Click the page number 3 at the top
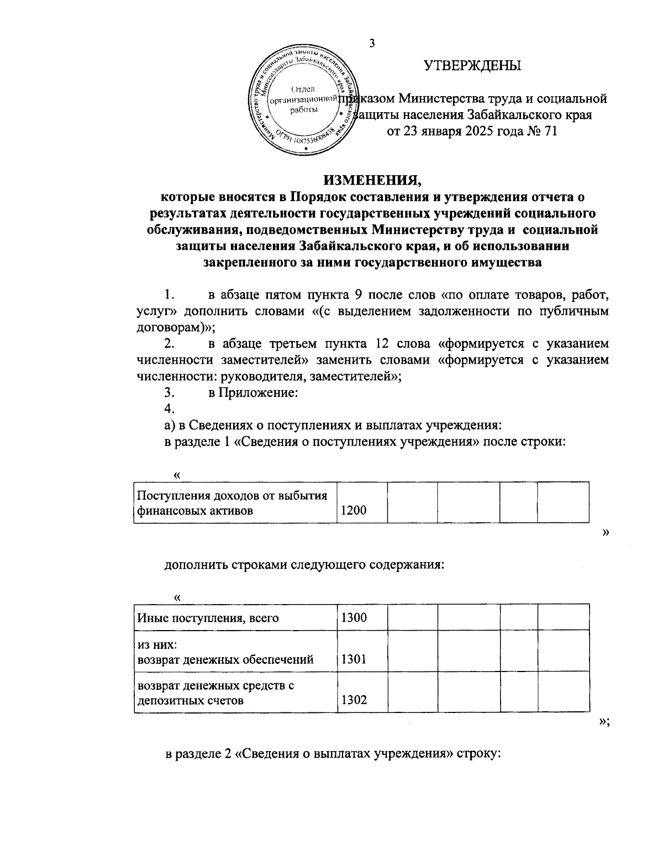pyautogui.click(x=372, y=44)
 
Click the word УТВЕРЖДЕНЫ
pyautogui.click(x=472, y=66)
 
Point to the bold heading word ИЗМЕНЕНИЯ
pyautogui.click(x=372, y=180)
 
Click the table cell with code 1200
pyautogui.click(x=354, y=511)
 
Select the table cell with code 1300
pyautogui.click(x=354, y=617)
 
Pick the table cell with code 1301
pyautogui.click(x=354, y=659)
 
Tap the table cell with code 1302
pyautogui.click(x=354, y=701)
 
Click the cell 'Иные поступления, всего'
pyautogui.click(x=208, y=618)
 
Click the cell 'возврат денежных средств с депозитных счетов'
pyautogui.click(x=215, y=693)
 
